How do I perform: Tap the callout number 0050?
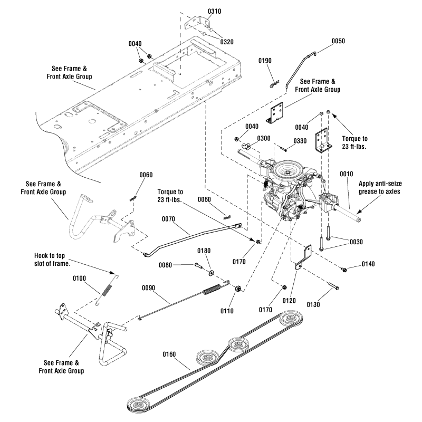(x=339, y=41)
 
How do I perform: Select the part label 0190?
(x=265, y=61)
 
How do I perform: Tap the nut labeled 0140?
(x=344, y=270)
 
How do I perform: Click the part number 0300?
(x=264, y=139)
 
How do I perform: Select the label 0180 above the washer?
(x=205, y=251)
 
